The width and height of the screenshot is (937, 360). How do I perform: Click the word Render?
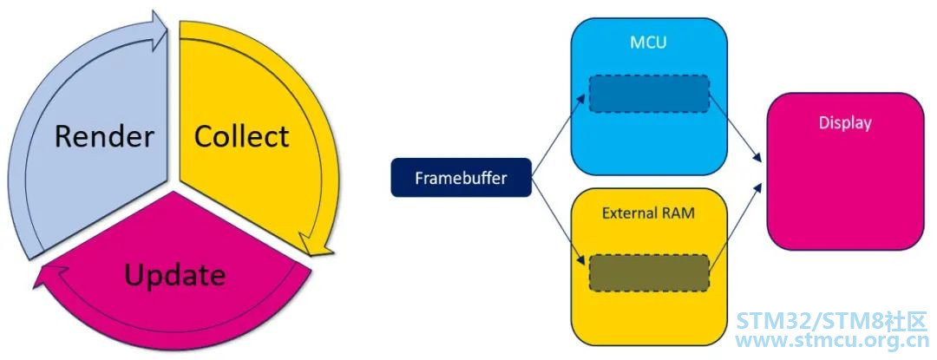[x=104, y=137]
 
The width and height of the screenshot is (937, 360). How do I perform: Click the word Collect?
[x=241, y=137]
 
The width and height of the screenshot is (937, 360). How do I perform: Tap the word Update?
[x=175, y=275]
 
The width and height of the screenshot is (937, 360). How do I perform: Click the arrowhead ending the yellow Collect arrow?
[x=315, y=245]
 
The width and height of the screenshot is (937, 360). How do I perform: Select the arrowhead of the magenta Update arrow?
[x=49, y=276]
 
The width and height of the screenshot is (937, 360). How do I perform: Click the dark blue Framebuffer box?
[x=461, y=177]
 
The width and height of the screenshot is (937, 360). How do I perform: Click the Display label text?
[x=845, y=123]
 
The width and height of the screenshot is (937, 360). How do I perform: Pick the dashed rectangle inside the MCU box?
[x=649, y=94]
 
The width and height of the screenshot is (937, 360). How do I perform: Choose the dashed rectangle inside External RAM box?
[x=649, y=273]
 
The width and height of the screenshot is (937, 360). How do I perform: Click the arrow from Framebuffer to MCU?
[x=560, y=136]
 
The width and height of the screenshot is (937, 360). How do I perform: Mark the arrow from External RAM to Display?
[x=736, y=229]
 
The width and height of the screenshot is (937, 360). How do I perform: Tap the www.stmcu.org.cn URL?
[x=831, y=342]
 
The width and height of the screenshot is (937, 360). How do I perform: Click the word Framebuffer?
[x=461, y=177]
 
